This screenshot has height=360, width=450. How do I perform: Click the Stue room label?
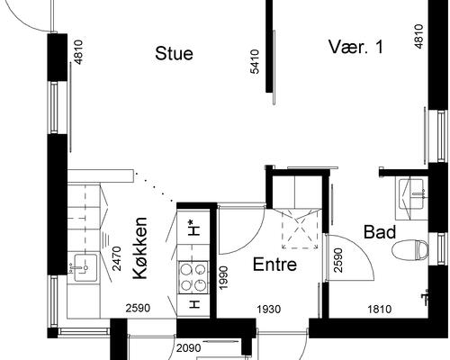pos(174,53)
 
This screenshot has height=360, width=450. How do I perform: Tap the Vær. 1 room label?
pos(355,48)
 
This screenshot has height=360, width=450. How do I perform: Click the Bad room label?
pos(380,232)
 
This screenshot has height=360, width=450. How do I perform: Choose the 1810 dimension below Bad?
pos(379,310)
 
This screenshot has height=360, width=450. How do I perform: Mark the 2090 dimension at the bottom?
pos(187,348)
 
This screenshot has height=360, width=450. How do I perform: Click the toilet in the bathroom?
pos(413,249)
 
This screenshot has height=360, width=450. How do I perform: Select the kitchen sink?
pos(85,265)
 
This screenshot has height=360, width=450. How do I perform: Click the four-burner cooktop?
pos(193,275)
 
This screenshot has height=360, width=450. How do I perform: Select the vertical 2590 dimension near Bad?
pos(337,260)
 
